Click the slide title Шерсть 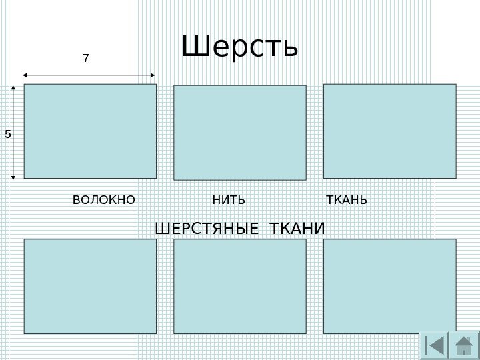[x=239, y=47]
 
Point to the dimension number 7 [x=85, y=59]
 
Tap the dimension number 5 [x=8, y=134]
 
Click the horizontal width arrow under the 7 [x=89, y=75]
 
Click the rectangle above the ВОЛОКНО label [x=90, y=131]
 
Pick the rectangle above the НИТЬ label [x=240, y=132]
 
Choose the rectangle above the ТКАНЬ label [x=389, y=131]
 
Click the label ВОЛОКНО [x=103, y=200]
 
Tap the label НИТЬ [x=229, y=200]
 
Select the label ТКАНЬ [x=346, y=200]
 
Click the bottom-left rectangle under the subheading [x=90, y=286]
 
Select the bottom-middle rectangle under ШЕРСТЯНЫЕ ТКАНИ [x=240, y=286]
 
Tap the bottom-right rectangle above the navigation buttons [x=389, y=286]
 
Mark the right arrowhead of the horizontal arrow [x=153, y=75]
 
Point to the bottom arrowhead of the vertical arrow [x=14, y=177]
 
